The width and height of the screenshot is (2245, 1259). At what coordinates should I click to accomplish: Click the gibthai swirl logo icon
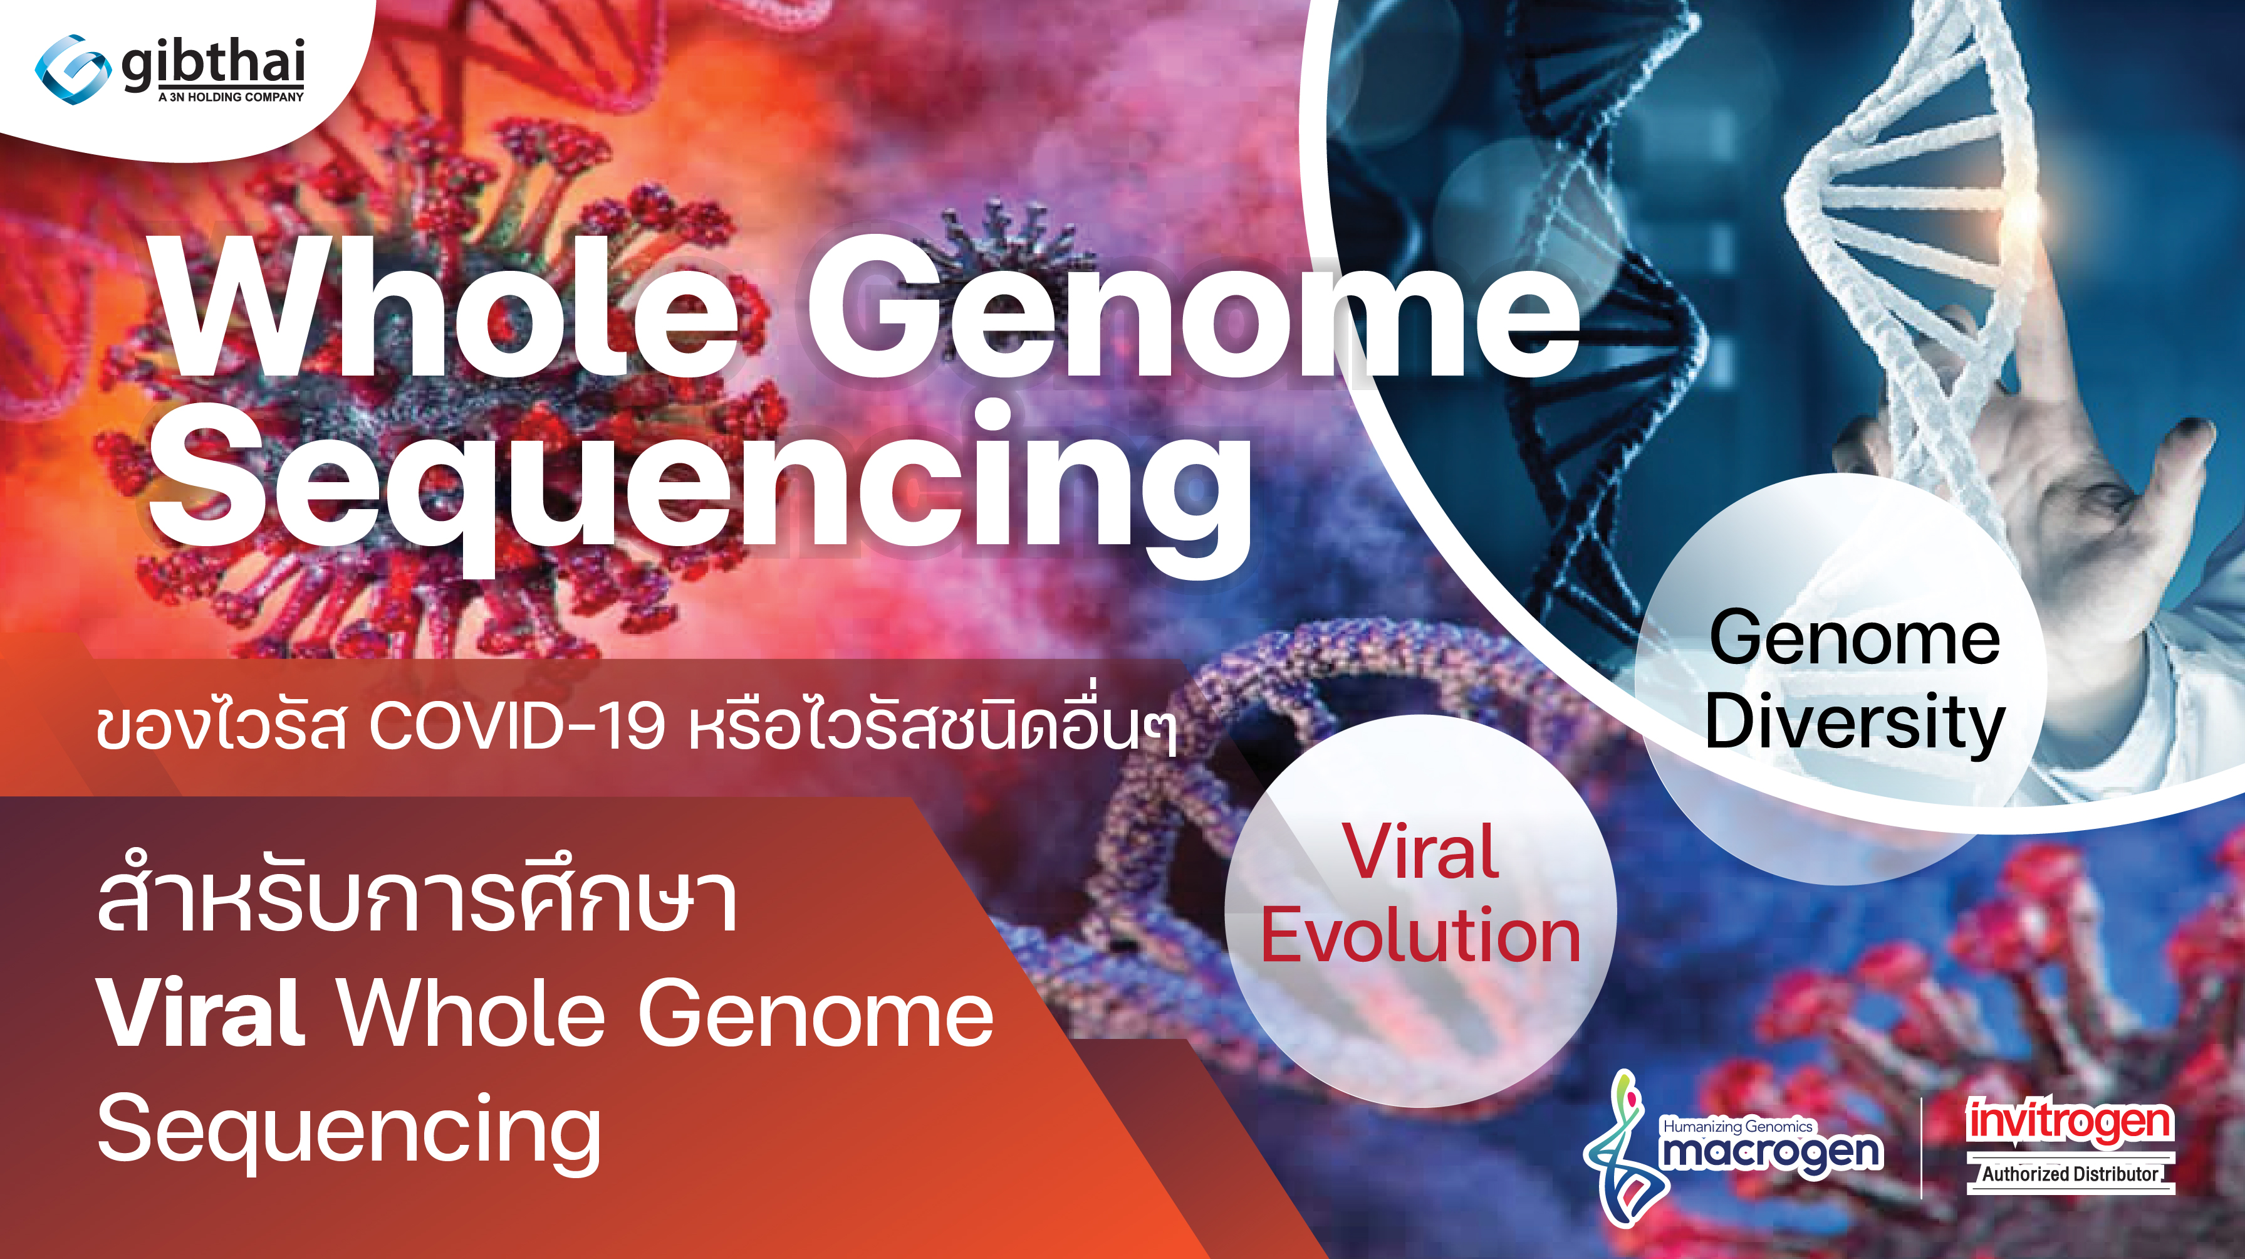point(72,69)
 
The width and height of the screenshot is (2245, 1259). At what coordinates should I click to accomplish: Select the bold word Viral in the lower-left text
point(201,1013)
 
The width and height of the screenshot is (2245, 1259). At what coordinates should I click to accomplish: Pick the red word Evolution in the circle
point(1420,937)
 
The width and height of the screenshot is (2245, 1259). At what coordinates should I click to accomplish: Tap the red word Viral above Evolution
point(1420,852)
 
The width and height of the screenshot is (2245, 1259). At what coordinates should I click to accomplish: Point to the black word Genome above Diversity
point(1855,638)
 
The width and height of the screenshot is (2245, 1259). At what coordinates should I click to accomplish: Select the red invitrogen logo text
point(2069,1122)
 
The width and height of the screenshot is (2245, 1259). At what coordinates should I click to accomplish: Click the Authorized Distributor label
point(2070,1174)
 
